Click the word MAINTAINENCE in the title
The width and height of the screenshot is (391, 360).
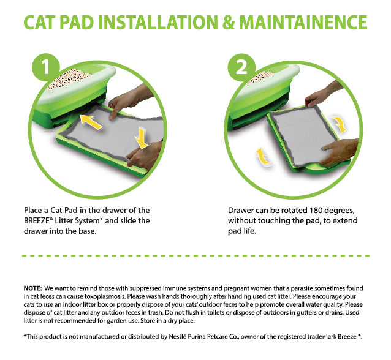point(303,23)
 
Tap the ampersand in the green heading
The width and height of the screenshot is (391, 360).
point(228,23)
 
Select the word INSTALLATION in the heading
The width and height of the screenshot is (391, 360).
point(158,23)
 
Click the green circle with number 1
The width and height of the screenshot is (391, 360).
point(46,67)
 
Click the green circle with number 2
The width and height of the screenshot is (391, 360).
point(241,67)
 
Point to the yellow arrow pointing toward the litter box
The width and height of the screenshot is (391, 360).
point(91,121)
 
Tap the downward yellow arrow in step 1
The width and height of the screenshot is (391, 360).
point(142,138)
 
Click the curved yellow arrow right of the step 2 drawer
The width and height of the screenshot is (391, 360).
point(340,124)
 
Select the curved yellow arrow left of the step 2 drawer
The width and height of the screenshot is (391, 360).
point(263,156)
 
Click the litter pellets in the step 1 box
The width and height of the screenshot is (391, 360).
point(68,78)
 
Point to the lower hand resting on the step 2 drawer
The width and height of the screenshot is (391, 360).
point(339,151)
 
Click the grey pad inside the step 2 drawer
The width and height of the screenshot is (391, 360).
point(305,135)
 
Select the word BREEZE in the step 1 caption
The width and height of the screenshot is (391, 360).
point(36,221)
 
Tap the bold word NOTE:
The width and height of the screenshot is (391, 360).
point(33,288)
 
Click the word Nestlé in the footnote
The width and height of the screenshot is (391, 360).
point(177,337)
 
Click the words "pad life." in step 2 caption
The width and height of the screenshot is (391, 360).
point(242,231)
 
